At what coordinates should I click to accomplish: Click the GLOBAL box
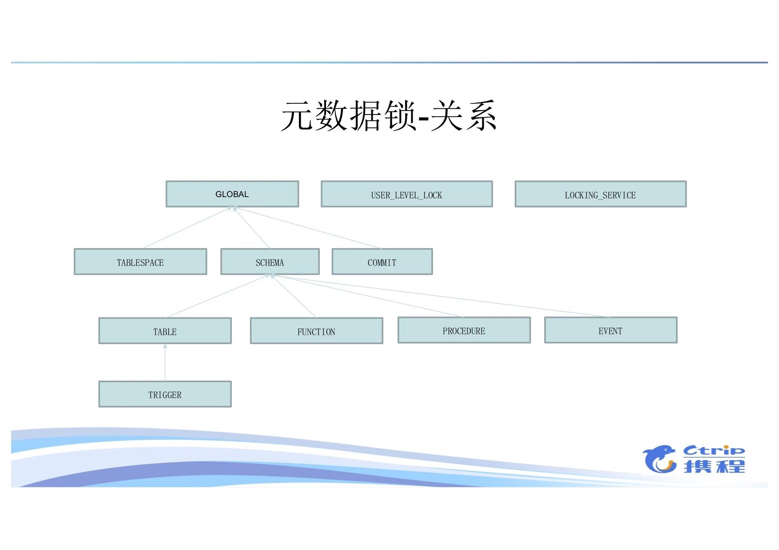(232, 194)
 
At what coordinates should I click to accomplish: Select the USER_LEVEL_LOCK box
(406, 194)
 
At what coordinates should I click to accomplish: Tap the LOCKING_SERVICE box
(600, 194)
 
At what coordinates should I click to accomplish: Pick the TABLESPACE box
(140, 262)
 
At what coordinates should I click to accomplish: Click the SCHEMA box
(270, 262)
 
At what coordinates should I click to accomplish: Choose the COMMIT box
(382, 262)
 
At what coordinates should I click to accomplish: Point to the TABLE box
(165, 331)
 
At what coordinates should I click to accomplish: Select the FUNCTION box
(316, 331)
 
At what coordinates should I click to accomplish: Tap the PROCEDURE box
(464, 330)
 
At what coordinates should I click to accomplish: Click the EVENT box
(611, 330)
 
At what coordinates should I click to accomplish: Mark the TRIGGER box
(165, 394)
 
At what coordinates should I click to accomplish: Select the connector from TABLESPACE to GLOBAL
(187, 228)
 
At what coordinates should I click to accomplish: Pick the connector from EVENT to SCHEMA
(444, 297)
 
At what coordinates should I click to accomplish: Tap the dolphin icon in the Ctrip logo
(660, 459)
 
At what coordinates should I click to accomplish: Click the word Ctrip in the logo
(714, 451)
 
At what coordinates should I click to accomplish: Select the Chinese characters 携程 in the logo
(714, 466)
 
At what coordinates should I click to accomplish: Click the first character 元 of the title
(298, 116)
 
